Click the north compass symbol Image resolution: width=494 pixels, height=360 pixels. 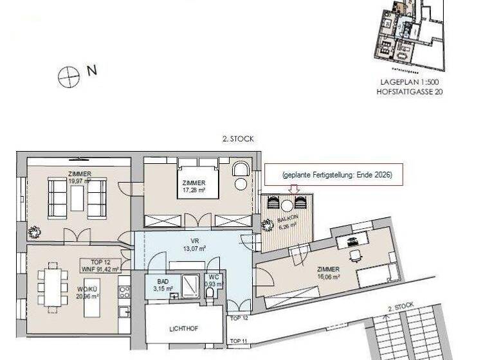pyautogui.click(x=68, y=77)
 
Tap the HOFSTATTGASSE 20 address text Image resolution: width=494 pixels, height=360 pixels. pyautogui.click(x=410, y=93)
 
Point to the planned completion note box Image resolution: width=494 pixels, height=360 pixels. pyautogui.click(x=334, y=175)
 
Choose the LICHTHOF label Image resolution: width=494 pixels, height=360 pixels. pyautogui.click(x=183, y=329)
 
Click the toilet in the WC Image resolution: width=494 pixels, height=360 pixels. pyautogui.click(x=210, y=293)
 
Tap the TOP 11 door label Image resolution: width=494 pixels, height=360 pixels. pyautogui.click(x=238, y=341)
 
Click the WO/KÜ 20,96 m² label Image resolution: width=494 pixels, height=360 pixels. pyautogui.click(x=88, y=293)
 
